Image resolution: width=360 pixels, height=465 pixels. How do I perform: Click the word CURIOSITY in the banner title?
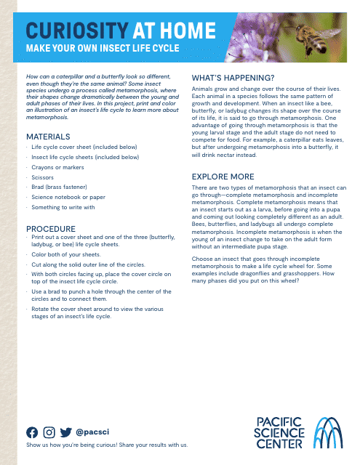76,30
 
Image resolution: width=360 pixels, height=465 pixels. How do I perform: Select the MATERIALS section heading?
48,137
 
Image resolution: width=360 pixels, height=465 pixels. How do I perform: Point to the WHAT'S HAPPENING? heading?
232,78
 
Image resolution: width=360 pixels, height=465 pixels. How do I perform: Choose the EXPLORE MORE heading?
223,177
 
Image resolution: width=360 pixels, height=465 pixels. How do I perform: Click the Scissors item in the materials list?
43,177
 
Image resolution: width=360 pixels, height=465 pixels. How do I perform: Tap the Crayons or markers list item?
57,166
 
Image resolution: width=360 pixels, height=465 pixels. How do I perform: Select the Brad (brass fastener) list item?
60,187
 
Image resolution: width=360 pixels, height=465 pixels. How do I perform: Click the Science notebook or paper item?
68,197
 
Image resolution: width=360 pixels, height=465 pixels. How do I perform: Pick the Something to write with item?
63,207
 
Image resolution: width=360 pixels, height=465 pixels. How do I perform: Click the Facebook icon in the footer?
32,432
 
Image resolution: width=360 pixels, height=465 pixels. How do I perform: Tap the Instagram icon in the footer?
49,432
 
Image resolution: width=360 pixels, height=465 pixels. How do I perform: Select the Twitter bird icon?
66,432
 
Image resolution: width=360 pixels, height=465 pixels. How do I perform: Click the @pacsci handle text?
92,432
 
